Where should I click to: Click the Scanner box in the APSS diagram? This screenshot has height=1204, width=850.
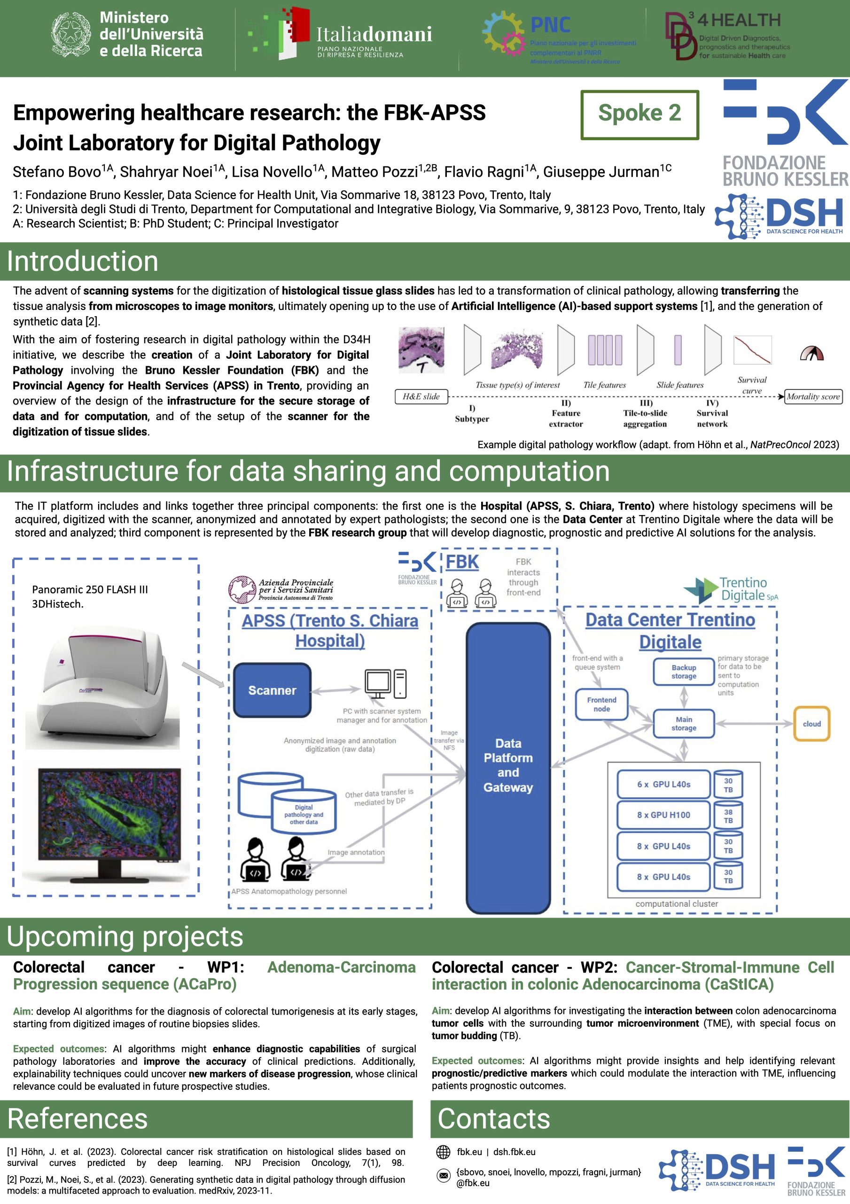pyautogui.click(x=272, y=690)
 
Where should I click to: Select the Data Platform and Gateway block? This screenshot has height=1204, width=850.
pyautogui.click(x=508, y=766)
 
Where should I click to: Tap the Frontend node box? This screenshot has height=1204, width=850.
pyautogui.click(x=601, y=704)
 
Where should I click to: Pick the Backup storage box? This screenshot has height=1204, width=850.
pyautogui.click(x=683, y=672)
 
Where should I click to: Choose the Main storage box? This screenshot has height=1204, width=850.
pyautogui.click(x=683, y=724)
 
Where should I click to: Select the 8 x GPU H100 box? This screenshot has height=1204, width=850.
pyautogui.click(x=663, y=815)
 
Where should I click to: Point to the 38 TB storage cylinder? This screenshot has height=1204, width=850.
pyautogui.click(x=728, y=816)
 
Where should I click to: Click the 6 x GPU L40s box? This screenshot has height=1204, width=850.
pyautogui.click(x=663, y=784)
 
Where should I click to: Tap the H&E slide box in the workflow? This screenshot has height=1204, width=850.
pyautogui.click(x=421, y=396)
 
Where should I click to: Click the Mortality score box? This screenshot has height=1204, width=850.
pyautogui.click(x=813, y=396)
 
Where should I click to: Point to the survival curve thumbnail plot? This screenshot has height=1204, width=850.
pyautogui.click(x=752, y=350)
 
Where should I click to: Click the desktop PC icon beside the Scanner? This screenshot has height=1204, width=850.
pyautogui.click(x=385, y=684)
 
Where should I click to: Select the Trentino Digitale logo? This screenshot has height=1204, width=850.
pyautogui.click(x=731, y=589)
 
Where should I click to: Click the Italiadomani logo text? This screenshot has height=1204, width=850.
pyautogui.click(x=374, y=35)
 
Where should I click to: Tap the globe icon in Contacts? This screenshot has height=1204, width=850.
pyautogui.click(x=444, y=1152)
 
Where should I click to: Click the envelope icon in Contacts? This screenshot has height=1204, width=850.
pyautogui.click(x=444, y=1176)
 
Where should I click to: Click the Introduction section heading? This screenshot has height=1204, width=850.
pyautogui.click(x=83, y=261)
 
